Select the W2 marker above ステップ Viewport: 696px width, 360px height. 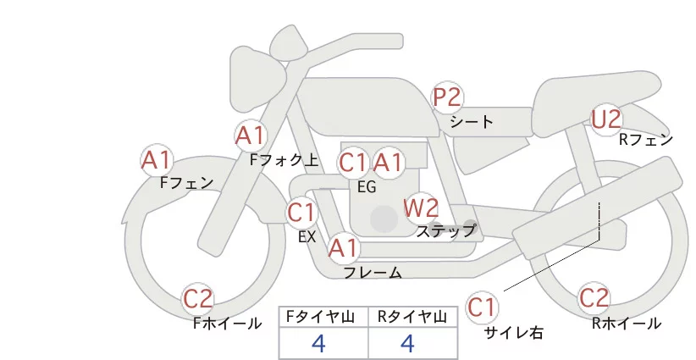tap(421, 207)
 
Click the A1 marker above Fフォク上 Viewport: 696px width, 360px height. tap(251, 135)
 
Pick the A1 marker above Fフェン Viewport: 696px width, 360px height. tap(157, 159)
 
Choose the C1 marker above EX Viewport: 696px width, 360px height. tap(301, 212)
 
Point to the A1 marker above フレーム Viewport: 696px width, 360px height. tap(344, 248)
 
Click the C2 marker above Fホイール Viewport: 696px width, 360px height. tap(199, 298)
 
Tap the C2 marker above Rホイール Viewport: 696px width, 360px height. tap(594, 298)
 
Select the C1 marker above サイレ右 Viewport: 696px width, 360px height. tap(484, 306)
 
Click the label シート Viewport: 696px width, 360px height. tap(472, 122)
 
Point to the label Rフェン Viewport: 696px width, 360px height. tap(645, 140)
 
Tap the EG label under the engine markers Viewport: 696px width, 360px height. tap(367, 187)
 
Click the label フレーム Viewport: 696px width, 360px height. tap(373, 273)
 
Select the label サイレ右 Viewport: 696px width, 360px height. tap(513, 333)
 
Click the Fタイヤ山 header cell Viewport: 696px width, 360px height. tap(323, 316)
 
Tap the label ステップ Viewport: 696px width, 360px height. tap(445, 230)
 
